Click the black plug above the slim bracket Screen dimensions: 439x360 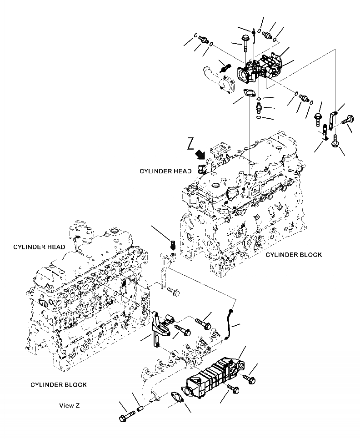pos(172,245)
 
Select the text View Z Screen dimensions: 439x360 pos(69,405)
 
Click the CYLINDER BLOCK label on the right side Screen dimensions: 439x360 pos(294,254)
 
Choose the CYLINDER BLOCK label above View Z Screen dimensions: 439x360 pos(59,385)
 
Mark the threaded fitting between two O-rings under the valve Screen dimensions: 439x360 pos(259,108)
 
